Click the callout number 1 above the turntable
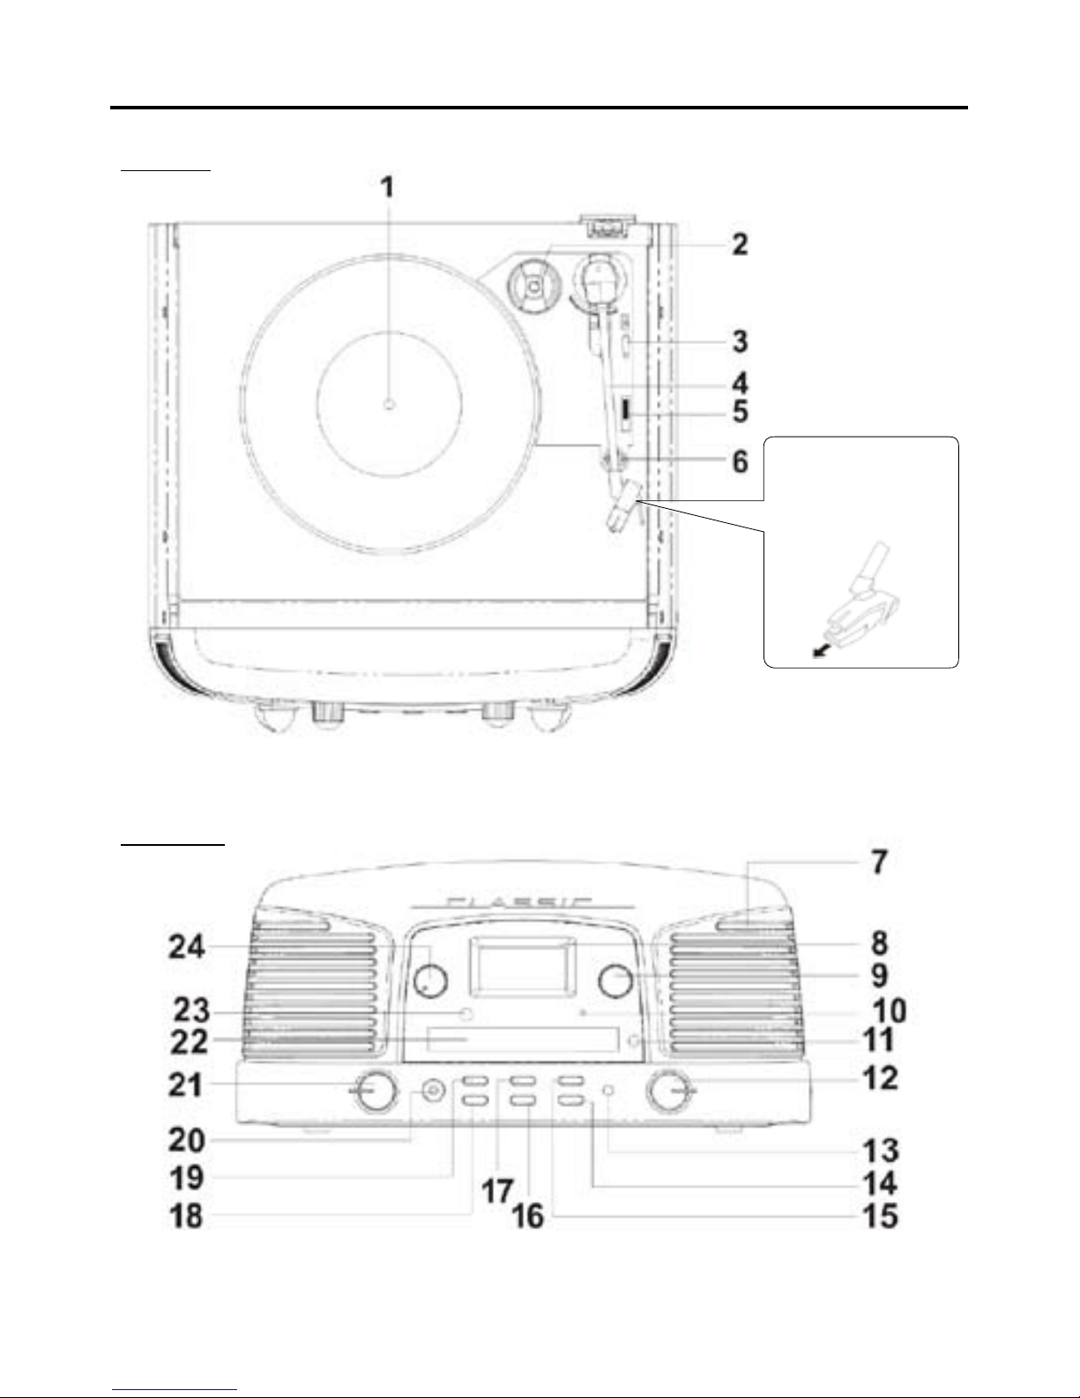click(386, 187)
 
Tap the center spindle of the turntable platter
click(389, 404)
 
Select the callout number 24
click(186, 947)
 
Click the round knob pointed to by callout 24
click(430, 981)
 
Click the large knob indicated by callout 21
click(376, 1091)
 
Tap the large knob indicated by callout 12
click(671, 1090)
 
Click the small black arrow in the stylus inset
click(820, 653)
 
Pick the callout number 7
click(880, 862)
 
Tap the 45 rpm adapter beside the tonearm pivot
click(533, 288)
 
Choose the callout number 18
click(186, 1216)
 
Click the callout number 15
click(880, 1216)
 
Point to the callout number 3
click(740, 341)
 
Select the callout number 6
click(741, 461)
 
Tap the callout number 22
click(189, 1043)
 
